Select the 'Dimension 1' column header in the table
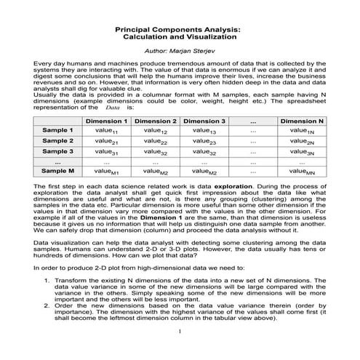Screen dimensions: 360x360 pos(106,121)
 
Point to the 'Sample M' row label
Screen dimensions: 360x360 pos(57,171)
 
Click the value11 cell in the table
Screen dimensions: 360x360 pos(106,131)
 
